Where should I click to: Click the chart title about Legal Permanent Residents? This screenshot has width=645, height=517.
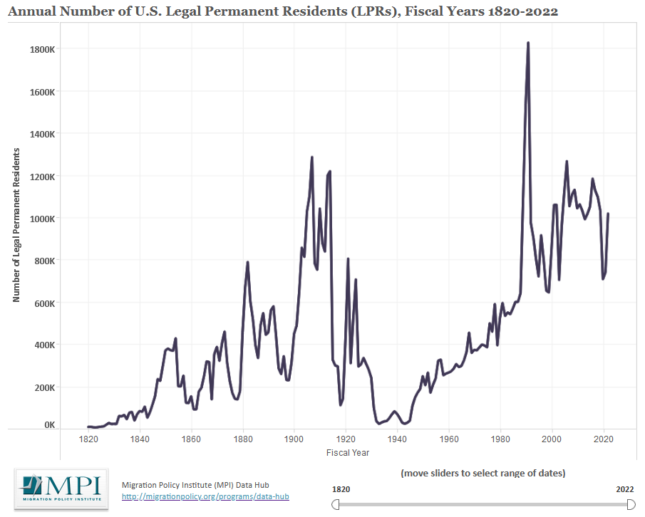(282, 12)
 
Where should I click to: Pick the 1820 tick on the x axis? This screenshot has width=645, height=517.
(88, 439)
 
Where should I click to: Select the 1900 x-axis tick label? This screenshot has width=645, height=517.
(294, 439)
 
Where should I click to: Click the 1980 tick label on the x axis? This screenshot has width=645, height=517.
(500, 439)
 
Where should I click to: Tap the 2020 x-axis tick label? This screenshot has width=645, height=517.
(604, 439)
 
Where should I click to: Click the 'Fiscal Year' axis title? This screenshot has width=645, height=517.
(347, 453)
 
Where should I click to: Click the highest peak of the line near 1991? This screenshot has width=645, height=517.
(528, 43)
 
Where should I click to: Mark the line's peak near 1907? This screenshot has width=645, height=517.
(312, 157)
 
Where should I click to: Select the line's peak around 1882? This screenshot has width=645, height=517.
(247, 262)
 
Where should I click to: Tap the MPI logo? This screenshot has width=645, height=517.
(62, 489)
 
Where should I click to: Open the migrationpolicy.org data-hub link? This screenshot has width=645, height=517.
(205, 496)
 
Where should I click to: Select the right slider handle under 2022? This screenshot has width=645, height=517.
(631, 504)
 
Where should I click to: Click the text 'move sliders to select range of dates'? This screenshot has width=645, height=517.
(483, 473)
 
